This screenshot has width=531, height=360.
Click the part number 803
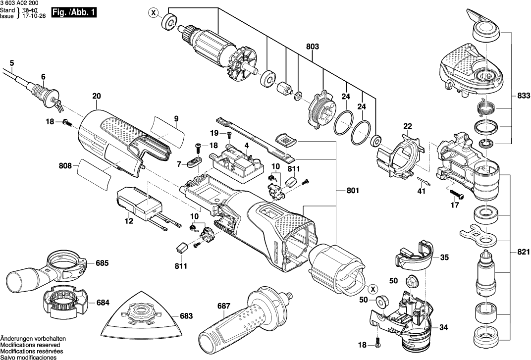coord(313,47)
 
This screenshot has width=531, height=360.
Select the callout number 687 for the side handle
coord(224,306)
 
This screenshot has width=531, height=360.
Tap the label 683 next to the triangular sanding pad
coord(186,315)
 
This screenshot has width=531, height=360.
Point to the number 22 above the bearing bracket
coord(407,126)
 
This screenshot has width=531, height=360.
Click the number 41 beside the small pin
coord(421,191)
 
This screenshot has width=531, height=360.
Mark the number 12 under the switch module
coord(129,221)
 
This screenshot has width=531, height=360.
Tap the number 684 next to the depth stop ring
coord(102,302)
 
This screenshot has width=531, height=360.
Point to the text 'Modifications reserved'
coord(30,345)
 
